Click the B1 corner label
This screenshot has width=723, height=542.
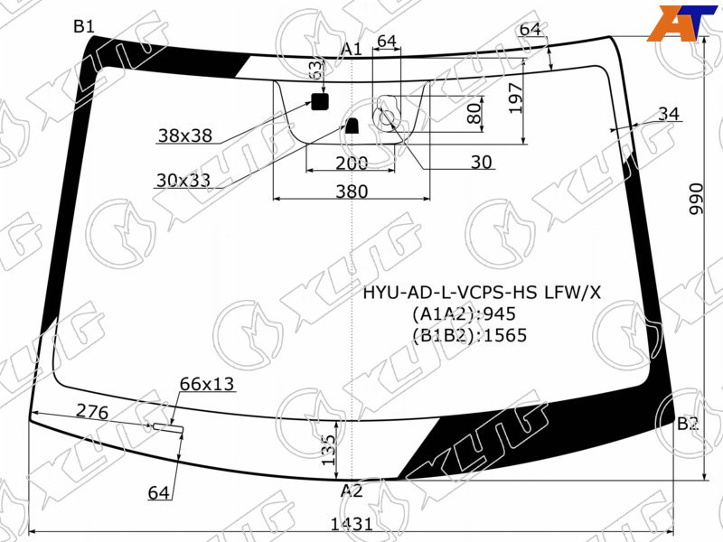pyautogui.click(x=84, y=27)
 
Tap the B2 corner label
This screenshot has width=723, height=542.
pyautogui.click(x=688, y=424)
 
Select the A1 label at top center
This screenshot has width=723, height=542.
pyautogui.click(x=352, y=49)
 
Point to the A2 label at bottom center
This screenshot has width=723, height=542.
pyautogui.click(x=352, y=491)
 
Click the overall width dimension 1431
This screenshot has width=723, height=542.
pyautogui.click(x=352, y=524)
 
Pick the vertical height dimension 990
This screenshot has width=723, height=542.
pyautogui.click(x=696, y=199)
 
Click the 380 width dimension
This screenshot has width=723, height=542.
pyautogui.click(x=352, y=192)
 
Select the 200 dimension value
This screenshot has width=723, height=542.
pyautogui.click(x=352, y=164)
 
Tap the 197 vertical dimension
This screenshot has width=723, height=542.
pyautogui.click(x=515, y=98)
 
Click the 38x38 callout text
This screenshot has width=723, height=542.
pyautogui.click(x=185, y=135)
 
